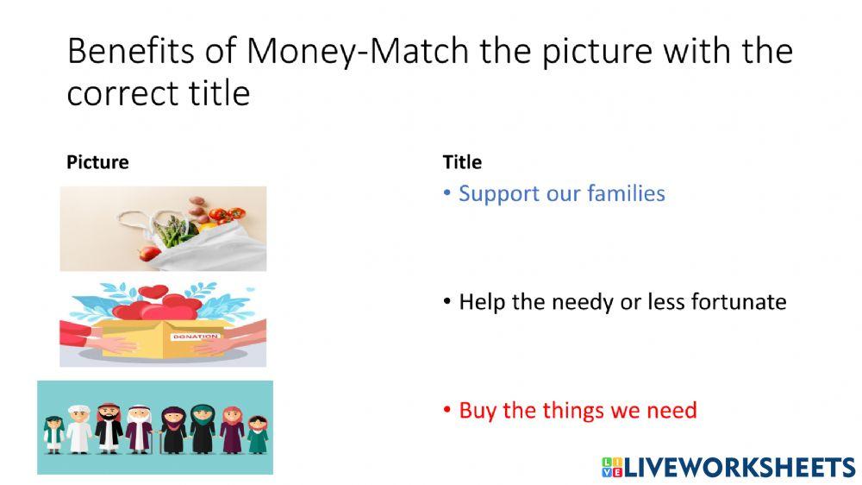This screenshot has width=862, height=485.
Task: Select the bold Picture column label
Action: [97, 162]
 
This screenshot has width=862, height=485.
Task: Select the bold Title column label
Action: [462, 162]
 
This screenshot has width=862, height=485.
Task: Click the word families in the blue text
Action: [626, 193]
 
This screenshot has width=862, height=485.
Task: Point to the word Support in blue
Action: [499, 193]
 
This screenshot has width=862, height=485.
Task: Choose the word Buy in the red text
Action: [478, 410]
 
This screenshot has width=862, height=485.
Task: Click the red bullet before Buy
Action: [447, 411]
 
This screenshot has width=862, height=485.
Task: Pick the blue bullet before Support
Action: [447, 194]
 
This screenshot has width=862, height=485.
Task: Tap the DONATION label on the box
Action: [189, 337]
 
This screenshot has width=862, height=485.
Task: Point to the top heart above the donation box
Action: [156, 292]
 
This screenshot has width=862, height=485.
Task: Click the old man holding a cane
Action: [138, 429]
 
